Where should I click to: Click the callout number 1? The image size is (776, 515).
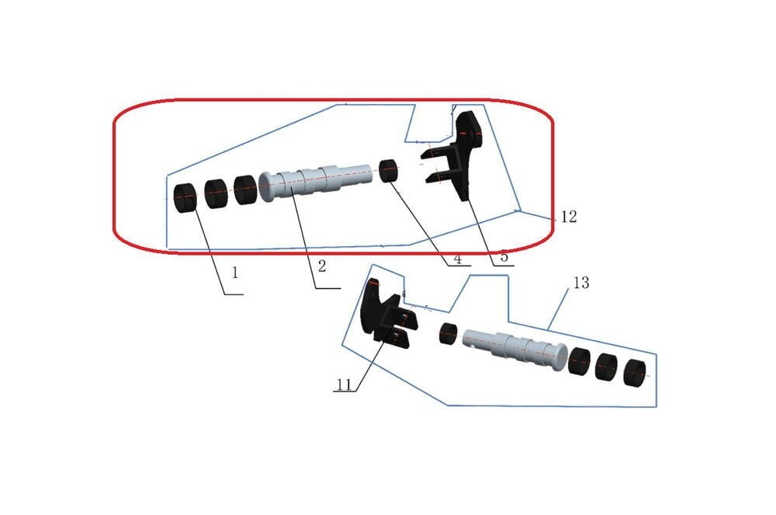[x=234, y=273]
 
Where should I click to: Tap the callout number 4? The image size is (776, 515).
[x=458, y=261]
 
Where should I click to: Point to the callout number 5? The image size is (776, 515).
[x=504, y=257]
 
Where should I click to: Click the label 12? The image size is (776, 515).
[x=569, y=217]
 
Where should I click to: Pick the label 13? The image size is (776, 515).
[x=580, y=284]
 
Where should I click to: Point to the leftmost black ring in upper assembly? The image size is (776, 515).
[x=185, y=197]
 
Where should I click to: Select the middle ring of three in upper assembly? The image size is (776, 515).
[x=215, y=193]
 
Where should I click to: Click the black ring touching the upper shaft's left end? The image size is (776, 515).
[x=245, y=190]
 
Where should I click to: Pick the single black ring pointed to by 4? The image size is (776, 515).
[x=388, y=170]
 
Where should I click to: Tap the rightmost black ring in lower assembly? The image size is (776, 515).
[x=635, y=374]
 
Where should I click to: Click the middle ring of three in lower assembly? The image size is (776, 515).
[x=606, y=367]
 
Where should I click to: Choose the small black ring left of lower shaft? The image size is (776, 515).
[x=446, y=333]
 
